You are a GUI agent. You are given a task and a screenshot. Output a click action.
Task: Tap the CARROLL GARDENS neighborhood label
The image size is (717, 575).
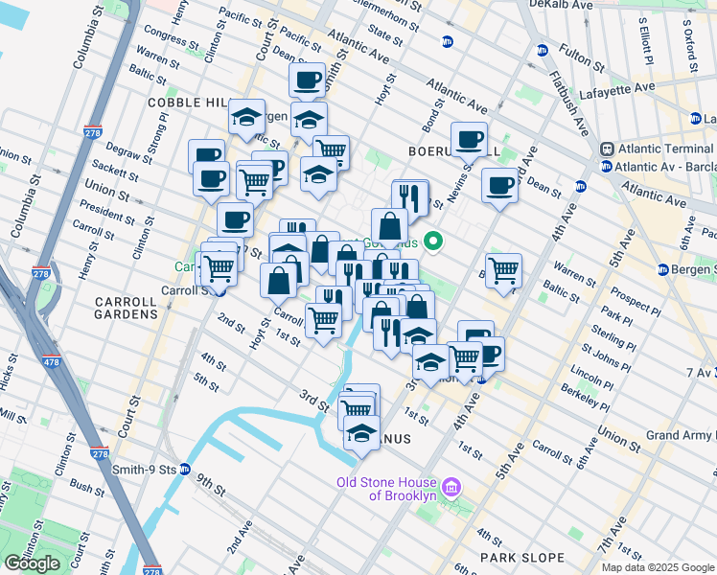pyautogui.click(x=126, y=307)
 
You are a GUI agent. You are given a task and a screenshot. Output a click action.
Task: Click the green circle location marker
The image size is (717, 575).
pyautogui.click(x=432, y=242)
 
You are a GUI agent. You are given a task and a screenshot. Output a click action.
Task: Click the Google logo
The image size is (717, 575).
pyautogui.click(x=32, y=563)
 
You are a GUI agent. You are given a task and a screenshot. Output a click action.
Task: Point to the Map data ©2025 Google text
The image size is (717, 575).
pyautogui.click(x=657, y=567)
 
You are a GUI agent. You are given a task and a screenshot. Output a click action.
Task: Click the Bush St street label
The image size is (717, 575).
pyautogui.click(x=86, y=488)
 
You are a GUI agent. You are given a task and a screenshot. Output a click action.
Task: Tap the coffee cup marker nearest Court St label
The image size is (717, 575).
pyautogui.click(x=308, y=80)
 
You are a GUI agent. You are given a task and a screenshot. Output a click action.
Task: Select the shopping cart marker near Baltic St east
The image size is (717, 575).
pyautogui.click(x=503, y=270)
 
